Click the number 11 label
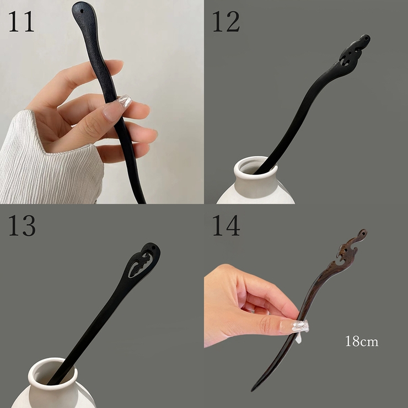coord(21,22)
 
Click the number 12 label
coord(226,22)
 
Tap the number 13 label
coord(22,226)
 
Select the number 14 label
coord(226,226)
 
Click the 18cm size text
coord(362,341)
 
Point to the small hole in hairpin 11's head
coord(82,12)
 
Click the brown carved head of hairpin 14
coord(348,250)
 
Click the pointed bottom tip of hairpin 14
coord(251,391)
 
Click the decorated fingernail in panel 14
coord(300,326)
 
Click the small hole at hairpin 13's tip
coord(153,248)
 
